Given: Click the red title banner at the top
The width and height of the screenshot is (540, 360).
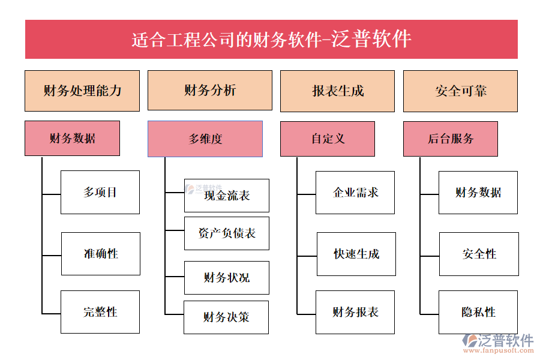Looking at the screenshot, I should [x=271, y=40].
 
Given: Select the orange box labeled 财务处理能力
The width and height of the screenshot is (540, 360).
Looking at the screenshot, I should [x=82, y=91].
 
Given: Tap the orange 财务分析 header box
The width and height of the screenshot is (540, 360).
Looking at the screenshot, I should [x=209, y=91].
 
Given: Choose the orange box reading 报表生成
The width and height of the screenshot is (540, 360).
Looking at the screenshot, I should [x=337, y=91].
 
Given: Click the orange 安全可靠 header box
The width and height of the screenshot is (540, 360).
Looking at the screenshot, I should [x=460, y=91].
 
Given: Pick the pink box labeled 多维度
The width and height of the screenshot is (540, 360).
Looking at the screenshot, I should [x=205, y=139].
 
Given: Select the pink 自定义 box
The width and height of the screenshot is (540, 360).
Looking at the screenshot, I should [x=328, y=139].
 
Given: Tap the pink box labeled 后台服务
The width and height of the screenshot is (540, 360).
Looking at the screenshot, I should [x=451, y=139].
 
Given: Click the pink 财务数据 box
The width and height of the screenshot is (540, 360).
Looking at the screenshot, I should [x=72, y=139].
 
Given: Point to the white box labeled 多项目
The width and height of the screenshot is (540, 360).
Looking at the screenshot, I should [x=100, y=193].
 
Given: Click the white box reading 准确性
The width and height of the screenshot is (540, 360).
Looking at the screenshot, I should [x=101, y=254].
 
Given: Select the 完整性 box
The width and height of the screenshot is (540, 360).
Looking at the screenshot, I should [x=100, y=312].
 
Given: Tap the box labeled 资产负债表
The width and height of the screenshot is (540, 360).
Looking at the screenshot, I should [x=227, y=233].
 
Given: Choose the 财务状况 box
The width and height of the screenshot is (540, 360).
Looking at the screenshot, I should [x=227, y=278].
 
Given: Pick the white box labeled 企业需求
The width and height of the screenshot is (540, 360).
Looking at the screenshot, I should [x=355, y=193].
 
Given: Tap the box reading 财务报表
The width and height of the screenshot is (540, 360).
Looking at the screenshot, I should [x=355, y=312].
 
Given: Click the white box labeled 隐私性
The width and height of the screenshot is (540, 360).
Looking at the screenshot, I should [x=478, y=312].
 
